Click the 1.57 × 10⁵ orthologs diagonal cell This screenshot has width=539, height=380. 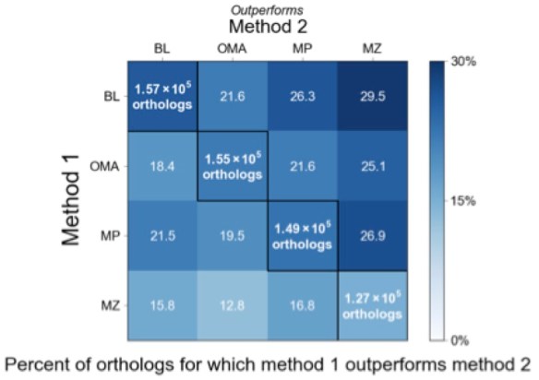pos(162,97)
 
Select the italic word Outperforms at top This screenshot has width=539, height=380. pos(267,9)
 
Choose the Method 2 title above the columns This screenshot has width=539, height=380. pos(268,27)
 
